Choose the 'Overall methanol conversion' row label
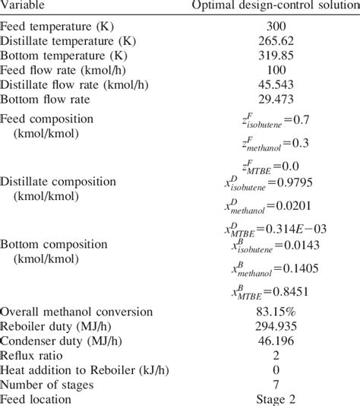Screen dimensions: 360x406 click(77, 312)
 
